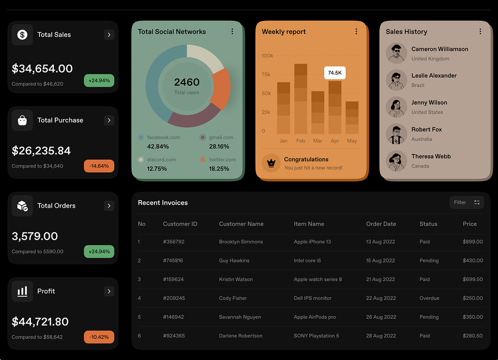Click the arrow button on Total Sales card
point(109,35)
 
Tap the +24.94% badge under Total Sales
point(99,81)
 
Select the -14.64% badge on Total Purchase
point(99,166)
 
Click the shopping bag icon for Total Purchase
point(22,120)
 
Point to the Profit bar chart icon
point(22,291)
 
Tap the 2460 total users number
point(187,82)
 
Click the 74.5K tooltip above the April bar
point(335,73)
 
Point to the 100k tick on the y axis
point(267,56)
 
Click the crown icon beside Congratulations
point(271,163)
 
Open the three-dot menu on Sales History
point(480,31)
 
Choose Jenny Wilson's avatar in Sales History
point(396,107)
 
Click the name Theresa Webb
point(431,156)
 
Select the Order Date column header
point(381,224)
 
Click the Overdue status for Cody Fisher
point(429,298)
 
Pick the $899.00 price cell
point(473,241)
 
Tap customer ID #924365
point(174,336)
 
